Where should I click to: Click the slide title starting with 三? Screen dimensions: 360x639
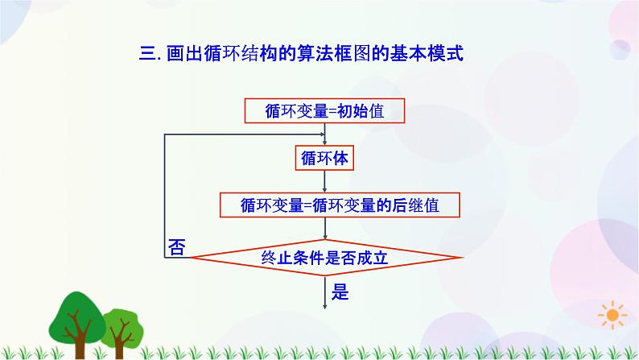click(300, 54)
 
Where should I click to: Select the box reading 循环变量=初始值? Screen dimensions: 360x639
click(324, 111)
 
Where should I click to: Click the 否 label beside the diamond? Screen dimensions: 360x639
click(176, 247)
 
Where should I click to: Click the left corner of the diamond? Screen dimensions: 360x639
click(190, 258)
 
